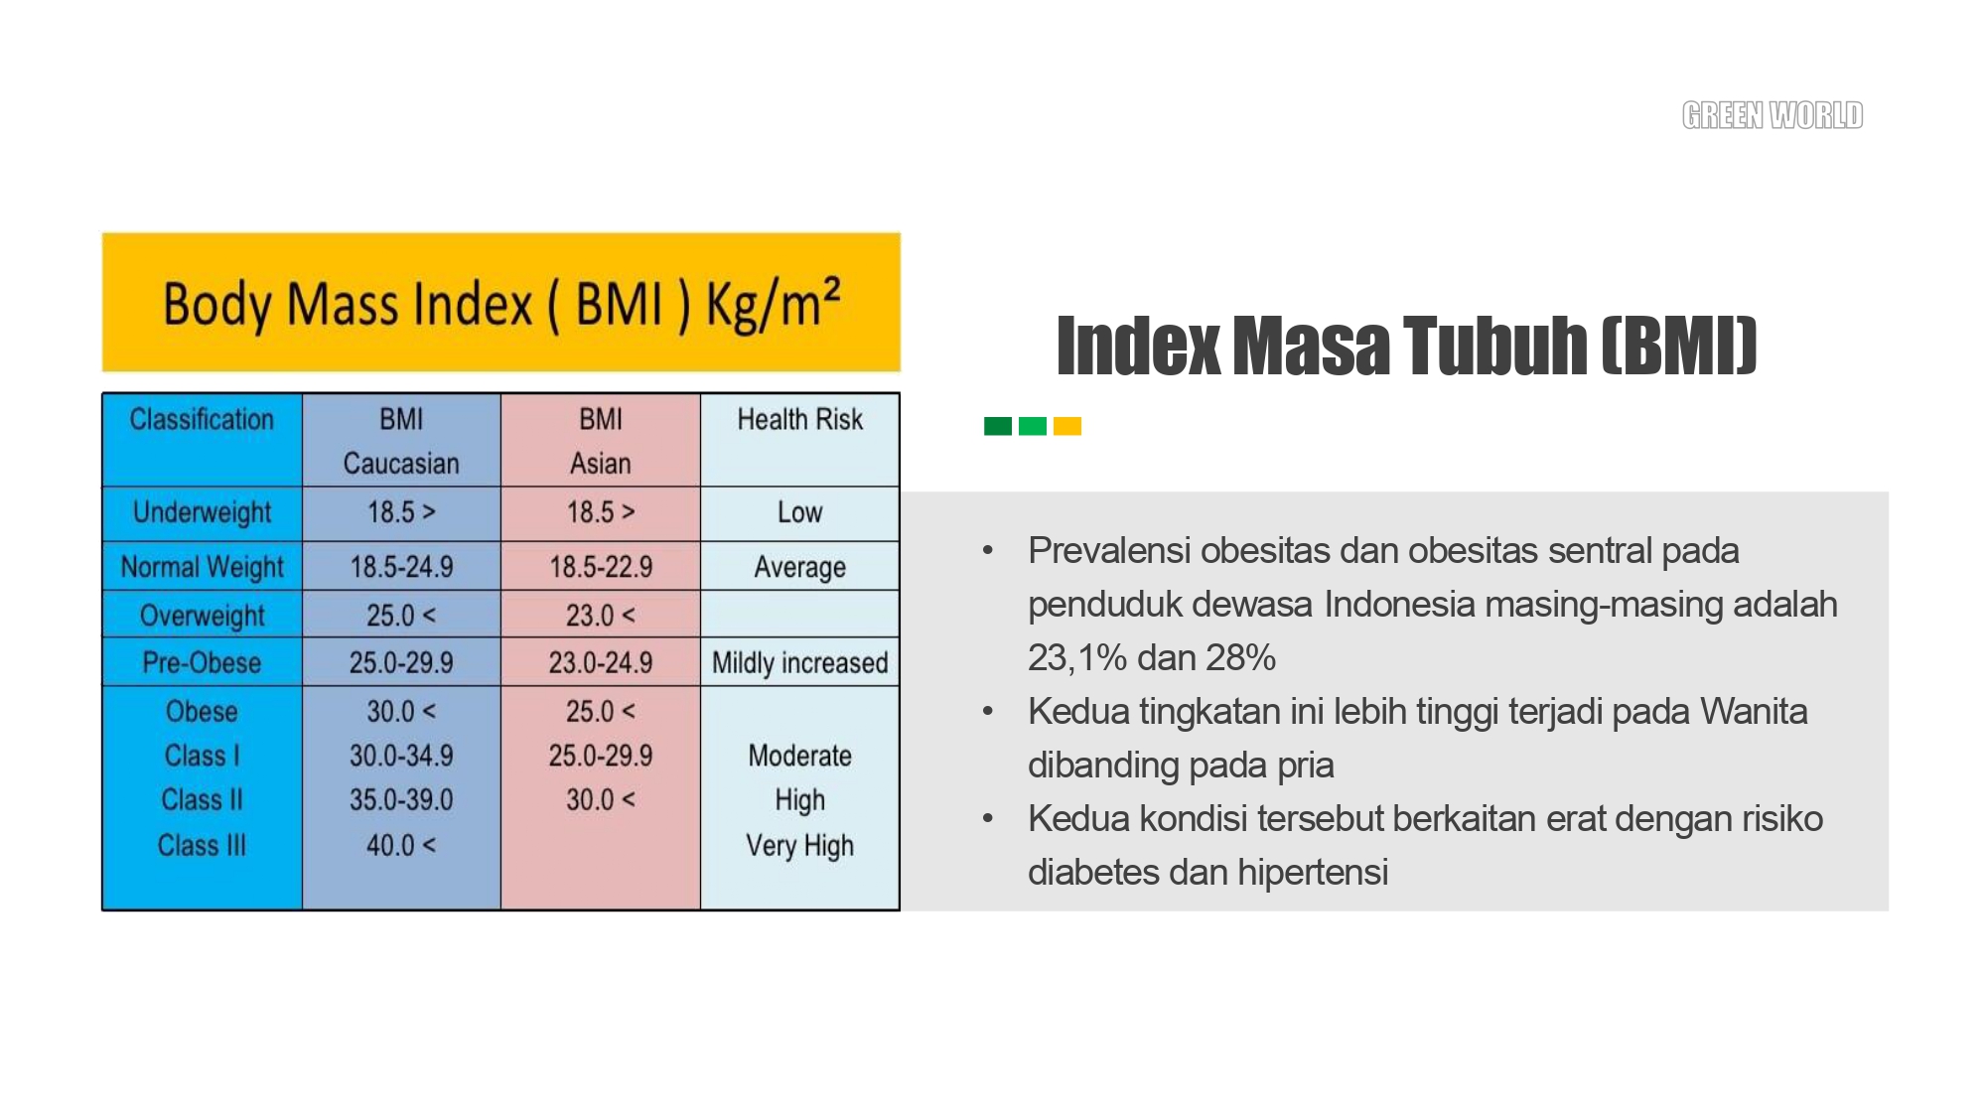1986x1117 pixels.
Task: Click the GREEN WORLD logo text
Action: [1773, 115]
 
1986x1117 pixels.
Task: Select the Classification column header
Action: [202, 419]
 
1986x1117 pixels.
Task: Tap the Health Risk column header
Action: [800, 419]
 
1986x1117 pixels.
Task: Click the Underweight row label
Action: [202, 512]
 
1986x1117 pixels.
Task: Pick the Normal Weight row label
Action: [202, 567]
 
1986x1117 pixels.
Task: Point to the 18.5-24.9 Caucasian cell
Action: [401, 567]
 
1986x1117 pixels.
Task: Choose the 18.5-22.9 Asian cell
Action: [601, 567]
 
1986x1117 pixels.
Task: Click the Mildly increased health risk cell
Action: [800, 662]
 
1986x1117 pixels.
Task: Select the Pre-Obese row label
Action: [202, 662]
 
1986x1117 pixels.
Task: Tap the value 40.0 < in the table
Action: [401, 845]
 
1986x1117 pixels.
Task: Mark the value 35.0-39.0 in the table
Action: [401, 799]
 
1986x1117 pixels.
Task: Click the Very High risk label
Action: [800, 845]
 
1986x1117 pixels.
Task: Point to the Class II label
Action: [202, 799]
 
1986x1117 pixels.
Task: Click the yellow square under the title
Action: [1067, 426]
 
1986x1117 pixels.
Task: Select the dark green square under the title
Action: [998, 426]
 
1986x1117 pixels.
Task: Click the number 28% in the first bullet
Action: [1240, 657]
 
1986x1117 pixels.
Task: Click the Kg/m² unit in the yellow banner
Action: [774, 303]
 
